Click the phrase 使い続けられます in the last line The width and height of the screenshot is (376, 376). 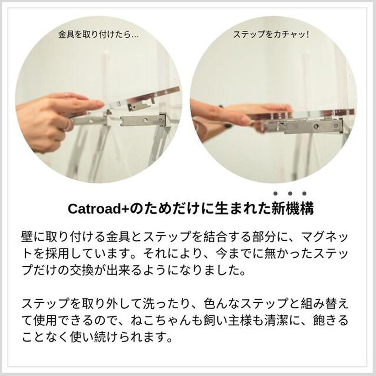pos(118,337)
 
